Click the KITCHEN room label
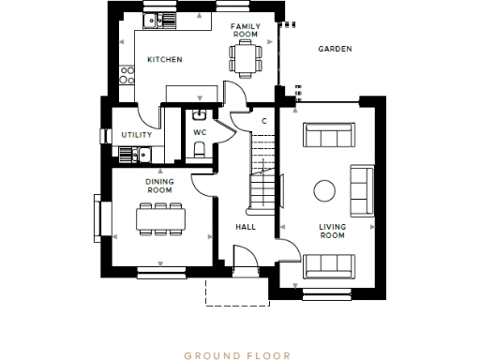pos(165,60)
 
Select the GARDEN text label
pos(335,49)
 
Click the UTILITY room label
pos(136,134)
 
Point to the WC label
pos(199,133)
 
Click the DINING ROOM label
pos(159,186)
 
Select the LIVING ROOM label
pos(333,232)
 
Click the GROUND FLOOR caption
pos(237,355)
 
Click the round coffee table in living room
pos(324,191)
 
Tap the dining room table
pos(159,218)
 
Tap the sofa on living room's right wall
pos(360,191)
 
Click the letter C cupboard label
pos(263,121)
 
